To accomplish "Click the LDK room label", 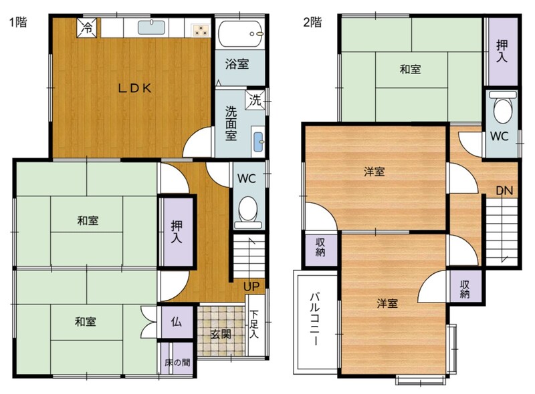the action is tap(134, 89).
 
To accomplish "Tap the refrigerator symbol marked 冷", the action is tap(88, 28).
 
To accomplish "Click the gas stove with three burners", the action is tap(200, 30).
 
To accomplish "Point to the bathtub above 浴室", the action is tap(241, 34).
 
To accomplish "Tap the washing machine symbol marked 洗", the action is tap(255, 100).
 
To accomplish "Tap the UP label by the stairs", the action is tap(251, 286).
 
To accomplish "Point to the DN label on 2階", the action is tap(504, 190).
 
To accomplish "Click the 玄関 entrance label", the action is tap(221, 335).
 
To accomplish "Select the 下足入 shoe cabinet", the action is tap(255, 325).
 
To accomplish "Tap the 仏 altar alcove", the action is tap(177, 322).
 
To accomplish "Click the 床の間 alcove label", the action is tap(177, 363).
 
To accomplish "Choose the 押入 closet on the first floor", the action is tap(177, 232).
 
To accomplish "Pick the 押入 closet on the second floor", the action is tap(502, 51).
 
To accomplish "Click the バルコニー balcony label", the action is tap(315, 319).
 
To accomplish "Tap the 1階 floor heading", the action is tap(18, 23).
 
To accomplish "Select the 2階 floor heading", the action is tap(312, 23).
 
